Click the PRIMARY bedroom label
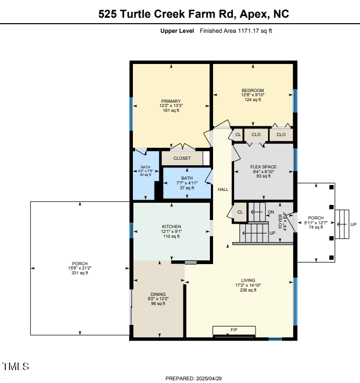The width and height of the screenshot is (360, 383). [171, 101]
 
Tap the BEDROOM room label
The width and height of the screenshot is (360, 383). [252, 90]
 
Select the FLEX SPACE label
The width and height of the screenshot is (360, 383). [263, 167]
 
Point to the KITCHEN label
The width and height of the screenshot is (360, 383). [172, 226]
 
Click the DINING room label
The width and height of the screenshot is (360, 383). [158, 294]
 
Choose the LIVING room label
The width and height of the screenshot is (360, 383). [248, 280]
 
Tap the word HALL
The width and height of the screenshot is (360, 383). [223, 189]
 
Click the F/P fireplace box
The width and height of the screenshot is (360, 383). [234, 329]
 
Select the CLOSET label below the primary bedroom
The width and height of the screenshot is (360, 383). [182, 158]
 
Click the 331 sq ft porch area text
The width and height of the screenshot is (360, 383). [79, 273]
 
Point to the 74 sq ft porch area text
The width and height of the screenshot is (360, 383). [316, 227]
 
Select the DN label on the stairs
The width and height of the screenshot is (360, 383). [271, 212]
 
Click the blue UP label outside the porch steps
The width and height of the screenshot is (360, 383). [353, 224]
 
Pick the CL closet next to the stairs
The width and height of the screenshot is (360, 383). [240, 212]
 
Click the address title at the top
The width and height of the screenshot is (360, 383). [193, 15]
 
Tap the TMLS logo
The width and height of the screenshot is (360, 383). [16, 367]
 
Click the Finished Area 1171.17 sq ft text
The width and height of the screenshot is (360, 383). [236, 31]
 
